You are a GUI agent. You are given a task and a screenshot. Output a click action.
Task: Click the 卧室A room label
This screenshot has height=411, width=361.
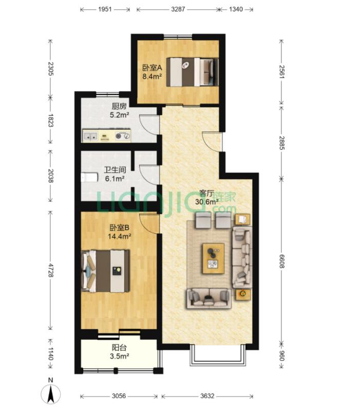click(x=152, y=68)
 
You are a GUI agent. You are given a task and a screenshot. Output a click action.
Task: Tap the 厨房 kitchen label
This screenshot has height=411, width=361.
click(x=119, y=106)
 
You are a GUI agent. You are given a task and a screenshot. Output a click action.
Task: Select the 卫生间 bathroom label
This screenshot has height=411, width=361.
click(x=115, y=170)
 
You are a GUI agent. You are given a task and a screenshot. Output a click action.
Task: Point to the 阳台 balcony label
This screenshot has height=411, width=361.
click(x=119, y=348)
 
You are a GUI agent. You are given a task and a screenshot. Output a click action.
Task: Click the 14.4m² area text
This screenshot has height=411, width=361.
click(x=120, y=236)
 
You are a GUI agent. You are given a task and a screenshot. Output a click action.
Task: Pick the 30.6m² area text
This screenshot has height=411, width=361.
click(x=207, y=202)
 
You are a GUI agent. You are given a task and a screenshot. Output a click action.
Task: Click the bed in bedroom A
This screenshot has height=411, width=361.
click(x=193, y=72)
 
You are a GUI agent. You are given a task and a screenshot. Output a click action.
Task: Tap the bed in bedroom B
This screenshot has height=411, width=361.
click(x=106, y=271)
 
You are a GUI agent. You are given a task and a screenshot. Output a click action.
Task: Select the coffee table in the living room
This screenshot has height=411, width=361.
click(x=214, y=258)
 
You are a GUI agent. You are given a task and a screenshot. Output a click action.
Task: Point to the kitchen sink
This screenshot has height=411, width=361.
click(x=90, y=136)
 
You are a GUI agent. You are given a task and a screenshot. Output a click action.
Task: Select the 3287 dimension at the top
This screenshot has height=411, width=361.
click(x=178, y=9)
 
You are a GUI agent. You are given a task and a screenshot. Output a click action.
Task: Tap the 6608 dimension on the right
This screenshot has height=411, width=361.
click(x=281, y=261)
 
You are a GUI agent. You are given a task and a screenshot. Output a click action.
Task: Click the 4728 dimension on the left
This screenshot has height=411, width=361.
click(x=50, y=270)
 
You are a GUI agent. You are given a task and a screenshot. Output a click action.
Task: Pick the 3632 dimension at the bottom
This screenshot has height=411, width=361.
click(x=207, y=396)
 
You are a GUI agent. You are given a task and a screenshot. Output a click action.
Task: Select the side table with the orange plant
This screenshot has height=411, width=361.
click(x=243, y=294)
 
